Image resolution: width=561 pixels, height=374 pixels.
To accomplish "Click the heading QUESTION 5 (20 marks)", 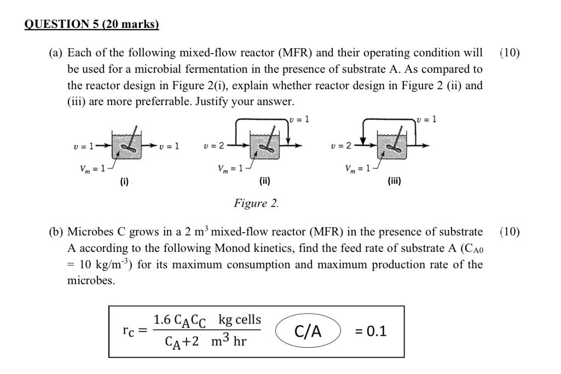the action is (92, 24).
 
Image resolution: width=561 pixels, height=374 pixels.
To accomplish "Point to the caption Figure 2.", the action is (256, 204).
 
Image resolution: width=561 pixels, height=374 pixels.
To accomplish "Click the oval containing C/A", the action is (308, 331).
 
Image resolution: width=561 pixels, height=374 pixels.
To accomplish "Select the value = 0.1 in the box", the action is (370, 331).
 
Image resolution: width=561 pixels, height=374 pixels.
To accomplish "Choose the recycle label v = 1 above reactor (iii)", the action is (427, 119).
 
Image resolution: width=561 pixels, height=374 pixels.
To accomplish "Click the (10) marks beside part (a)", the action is (510, 53).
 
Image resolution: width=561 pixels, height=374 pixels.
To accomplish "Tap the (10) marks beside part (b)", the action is (510, 232).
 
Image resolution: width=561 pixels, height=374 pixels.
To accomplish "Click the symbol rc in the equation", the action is (129, 331).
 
